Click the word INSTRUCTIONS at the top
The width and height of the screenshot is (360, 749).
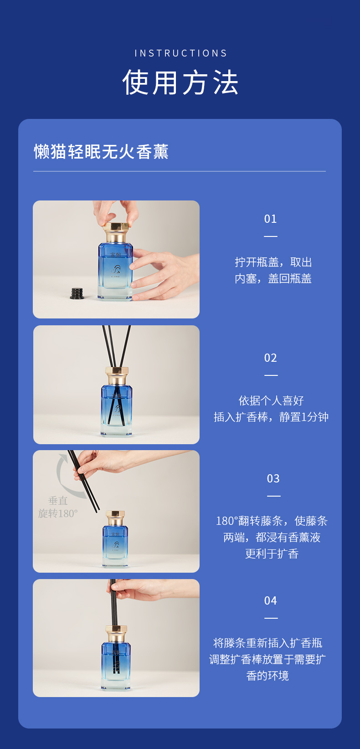[180, 53]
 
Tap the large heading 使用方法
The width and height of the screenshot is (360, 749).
[180, 82]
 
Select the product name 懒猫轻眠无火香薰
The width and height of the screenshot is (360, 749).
[101, 152]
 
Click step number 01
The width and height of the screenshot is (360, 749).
[270, 219]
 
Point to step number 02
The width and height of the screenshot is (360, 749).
[270, 358]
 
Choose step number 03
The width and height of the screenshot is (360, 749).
[273, 479]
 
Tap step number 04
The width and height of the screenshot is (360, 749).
[270, 601]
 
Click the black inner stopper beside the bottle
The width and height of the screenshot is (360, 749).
[77, 293]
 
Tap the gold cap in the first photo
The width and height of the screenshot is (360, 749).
[116, 232]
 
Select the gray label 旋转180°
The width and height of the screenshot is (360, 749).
[58, 513]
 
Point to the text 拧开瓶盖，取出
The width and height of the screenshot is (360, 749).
[273, 262]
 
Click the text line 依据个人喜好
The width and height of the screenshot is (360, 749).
[271, 400]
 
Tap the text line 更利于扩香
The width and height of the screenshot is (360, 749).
[272, 554]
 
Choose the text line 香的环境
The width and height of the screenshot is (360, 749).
[267, 676]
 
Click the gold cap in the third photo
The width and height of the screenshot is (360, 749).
[115, 518]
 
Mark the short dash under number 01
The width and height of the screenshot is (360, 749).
[270, 236]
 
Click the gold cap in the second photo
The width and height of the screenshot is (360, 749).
[117, 376]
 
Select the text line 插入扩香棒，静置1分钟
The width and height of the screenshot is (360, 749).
[271, 417]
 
